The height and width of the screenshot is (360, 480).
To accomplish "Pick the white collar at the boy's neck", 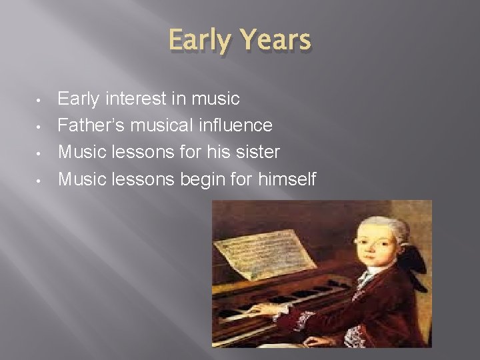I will (x=369, y=275).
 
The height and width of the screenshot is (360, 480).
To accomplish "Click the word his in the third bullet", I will (x=212, y=152).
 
